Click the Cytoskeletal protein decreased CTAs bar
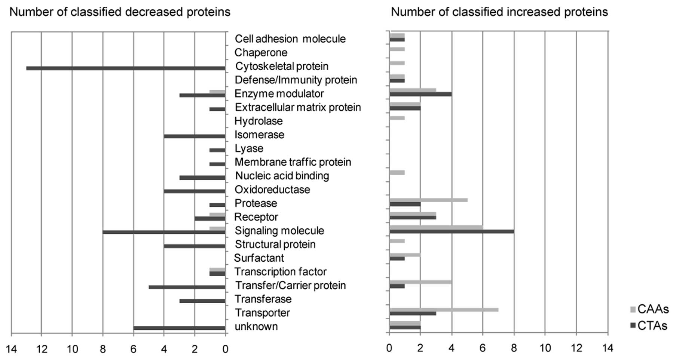(x=126, y=68)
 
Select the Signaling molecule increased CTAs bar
(x=452, y=231)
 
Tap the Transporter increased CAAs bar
(x=444, y=310)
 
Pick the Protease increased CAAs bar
(x=428, y=200)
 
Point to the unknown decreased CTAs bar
(x=179, y=328)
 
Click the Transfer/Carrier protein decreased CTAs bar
(x=187, y=287)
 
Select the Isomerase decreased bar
(x=195, y=136)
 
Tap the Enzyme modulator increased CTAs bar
(x=420, y=94)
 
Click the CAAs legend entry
(x=649, y=309)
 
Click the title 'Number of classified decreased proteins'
(x=120, y=12)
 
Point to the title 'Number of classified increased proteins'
(x=499, y=12)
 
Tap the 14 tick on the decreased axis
(x=11, y=349)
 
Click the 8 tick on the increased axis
(x=514, y=348)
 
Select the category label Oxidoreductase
(x=272, y=190)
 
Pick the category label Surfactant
(x=259, y=258)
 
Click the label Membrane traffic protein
(x=293, y=162)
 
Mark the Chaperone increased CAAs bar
(x=397, y=49)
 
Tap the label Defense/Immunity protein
(x=296, y=80)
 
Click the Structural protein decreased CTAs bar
(x=195, y=246)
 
